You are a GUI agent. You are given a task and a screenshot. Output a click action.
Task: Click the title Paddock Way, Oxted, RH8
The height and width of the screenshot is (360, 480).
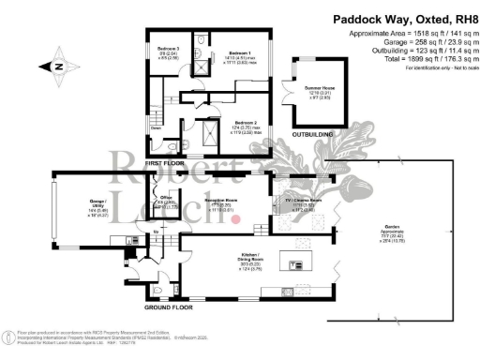388,16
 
